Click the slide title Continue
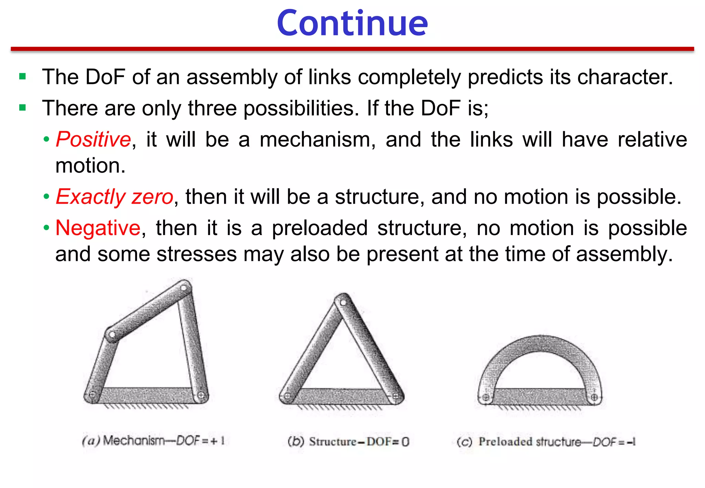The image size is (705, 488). click(x=352, y=23)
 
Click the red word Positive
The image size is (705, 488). click(x=93, y=139)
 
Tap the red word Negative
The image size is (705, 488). click(x=98, y=228)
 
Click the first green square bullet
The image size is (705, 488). click(x=23, y=76)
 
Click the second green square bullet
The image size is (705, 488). click(x=23, y=108)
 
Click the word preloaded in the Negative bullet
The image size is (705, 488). click(x=320, y=228)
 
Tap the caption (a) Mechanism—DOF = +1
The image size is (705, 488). click(x=154, y=441)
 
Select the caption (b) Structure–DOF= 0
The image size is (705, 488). click(x=348, y=442)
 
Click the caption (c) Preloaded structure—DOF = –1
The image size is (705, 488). click(x=546, y=442)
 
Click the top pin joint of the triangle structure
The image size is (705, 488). click(x=343, y=303)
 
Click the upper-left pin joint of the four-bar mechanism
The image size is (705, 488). click(x=112, y=334)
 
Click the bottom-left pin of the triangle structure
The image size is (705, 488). click(x=287, y=396)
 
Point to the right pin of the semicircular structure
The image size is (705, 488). click(x=594, y=397)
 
